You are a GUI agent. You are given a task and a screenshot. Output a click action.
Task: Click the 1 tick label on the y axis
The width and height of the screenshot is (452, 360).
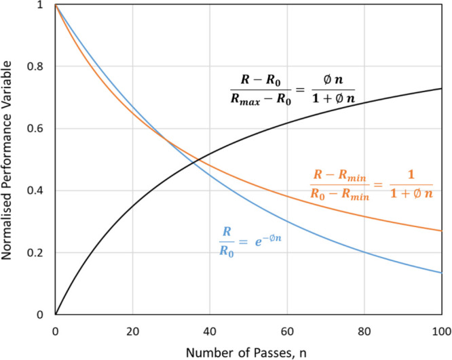46,5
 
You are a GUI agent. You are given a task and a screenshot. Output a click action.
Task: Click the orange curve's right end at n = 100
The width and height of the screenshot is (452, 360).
442,231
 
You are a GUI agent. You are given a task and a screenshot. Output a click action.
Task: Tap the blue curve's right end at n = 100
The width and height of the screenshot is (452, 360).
442,273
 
